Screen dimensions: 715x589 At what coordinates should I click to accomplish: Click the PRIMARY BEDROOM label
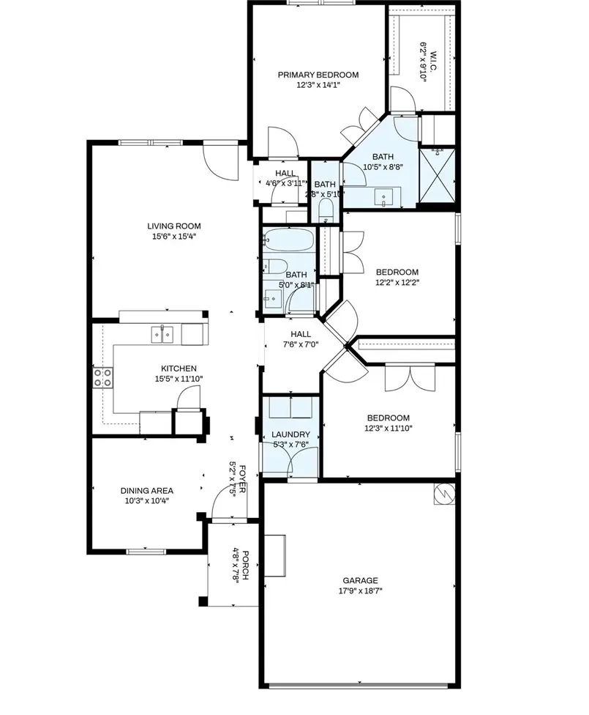[318, 75]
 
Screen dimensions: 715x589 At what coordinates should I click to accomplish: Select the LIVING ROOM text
[173, 226]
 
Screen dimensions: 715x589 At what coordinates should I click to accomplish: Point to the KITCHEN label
[179, 368]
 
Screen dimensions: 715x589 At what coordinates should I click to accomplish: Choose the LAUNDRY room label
[290, 434]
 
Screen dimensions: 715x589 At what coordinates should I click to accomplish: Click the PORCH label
[246, 566]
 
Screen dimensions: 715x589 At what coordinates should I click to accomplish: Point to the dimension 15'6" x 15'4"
[173, 237]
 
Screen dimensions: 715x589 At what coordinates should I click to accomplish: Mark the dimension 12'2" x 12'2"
[397, 282]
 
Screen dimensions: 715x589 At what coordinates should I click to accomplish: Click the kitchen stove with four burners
[103, 377]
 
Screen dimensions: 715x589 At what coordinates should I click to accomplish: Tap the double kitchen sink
[162, 334]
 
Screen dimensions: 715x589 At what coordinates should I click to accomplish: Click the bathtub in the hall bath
[288, 240]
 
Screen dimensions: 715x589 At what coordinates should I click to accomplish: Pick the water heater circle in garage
[444, 494]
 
